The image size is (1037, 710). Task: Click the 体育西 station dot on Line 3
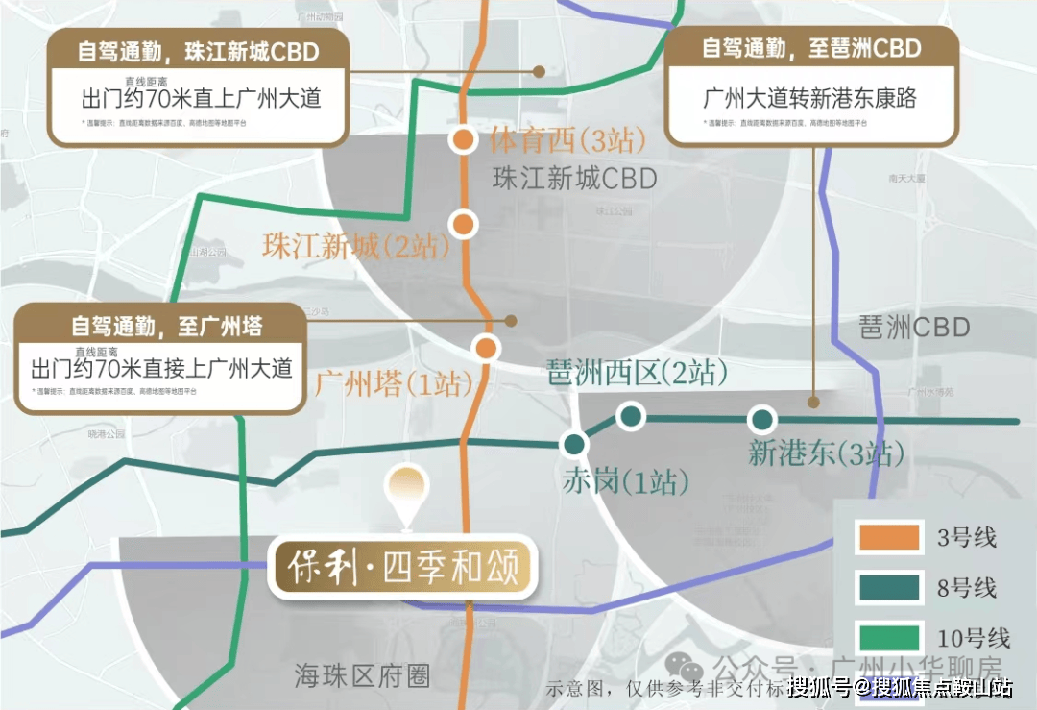pyautogui.click(x=463, y=140)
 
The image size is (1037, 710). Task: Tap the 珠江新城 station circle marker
pyautogui.click(x=464, y=224)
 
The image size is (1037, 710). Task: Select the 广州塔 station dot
pyautogui.click(x=487, y=348)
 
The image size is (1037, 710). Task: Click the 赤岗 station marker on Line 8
pyautogui.click(x=575, y=444)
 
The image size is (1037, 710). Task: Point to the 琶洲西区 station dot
pyautogui.click(x=630, y=416)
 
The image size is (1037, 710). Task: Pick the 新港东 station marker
pyautogui.click(x=762, y=419)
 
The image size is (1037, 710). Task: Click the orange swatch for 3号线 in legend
pyautogui.click(x=889, y=536)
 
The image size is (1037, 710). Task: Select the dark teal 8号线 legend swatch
pyautogui.click(x=889, y=587)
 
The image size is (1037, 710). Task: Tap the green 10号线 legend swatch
pyautogui.click(x=889, y=637)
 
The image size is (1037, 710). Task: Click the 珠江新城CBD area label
pyautogui.click(x=574, y=179)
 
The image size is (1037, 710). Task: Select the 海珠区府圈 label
pyautogui.click(x=361, y=676)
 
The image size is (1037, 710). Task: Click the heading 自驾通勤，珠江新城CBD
pyautogui.click(x=199, y=52)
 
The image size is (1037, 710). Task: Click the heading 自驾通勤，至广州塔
pyautogui.click(x=165, y=326)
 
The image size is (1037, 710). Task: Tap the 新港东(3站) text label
pyautogui.click(x=826, y=453)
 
